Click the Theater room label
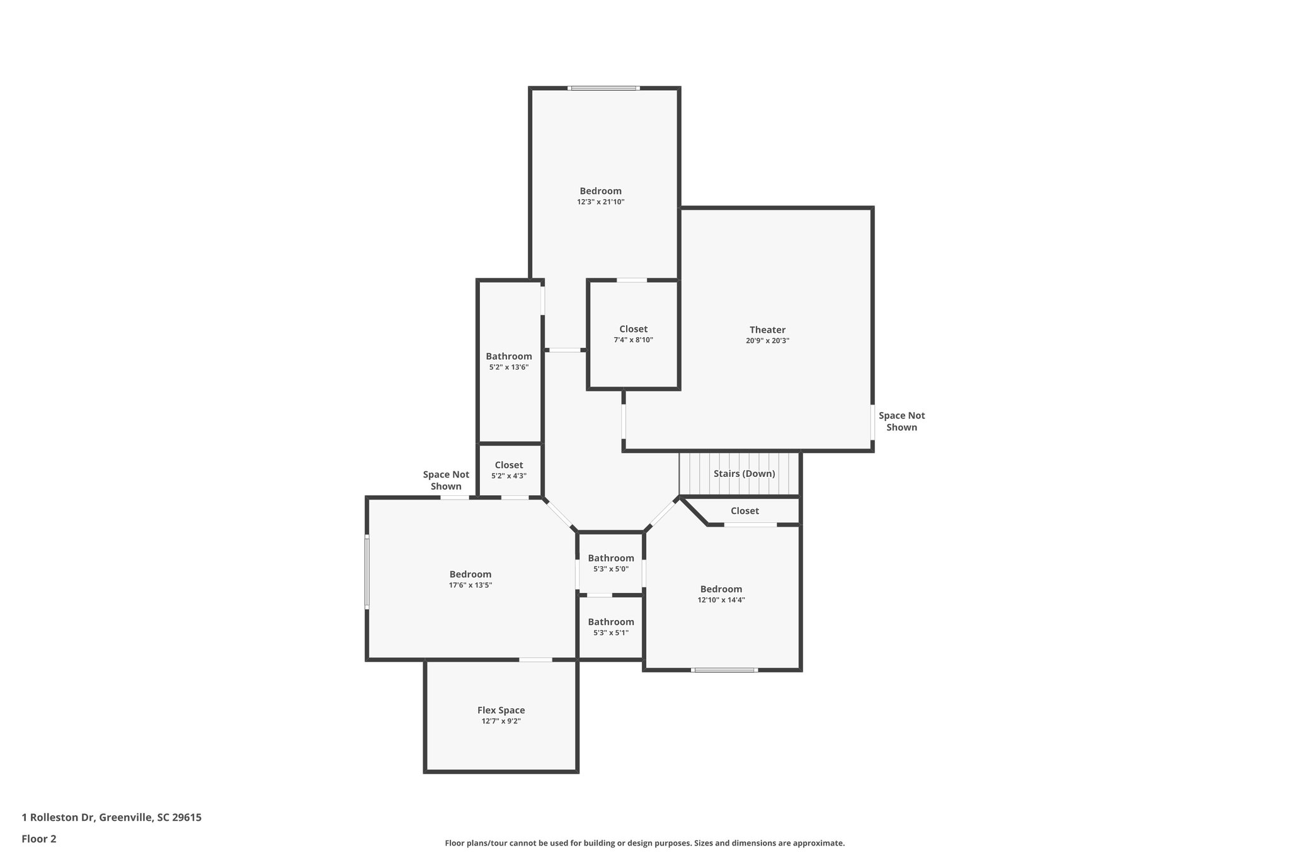pos(767,330)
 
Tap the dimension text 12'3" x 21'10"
pos(600,202)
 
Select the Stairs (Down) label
pos(744,474)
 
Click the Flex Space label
pos(501,710)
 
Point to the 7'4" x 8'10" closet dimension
pos(633,340)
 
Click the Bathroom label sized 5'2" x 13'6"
pos(508,356)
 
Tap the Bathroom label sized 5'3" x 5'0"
pos(610,558)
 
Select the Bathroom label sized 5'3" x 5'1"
pos(610,622)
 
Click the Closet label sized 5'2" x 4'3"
pos(508,465)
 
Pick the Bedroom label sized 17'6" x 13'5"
pos(470,574)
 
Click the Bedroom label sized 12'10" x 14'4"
pos(721,589)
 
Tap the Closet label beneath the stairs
pos(745,511)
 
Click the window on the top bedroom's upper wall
pos(603,88)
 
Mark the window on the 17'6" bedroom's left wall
pos(367,572)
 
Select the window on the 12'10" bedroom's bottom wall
pos(724,670)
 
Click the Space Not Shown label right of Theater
pos(901,421)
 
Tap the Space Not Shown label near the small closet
pos(446,481)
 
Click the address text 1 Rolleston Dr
pos(111,817)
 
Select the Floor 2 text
pos(39,839)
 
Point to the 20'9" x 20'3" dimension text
pos(767,341)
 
